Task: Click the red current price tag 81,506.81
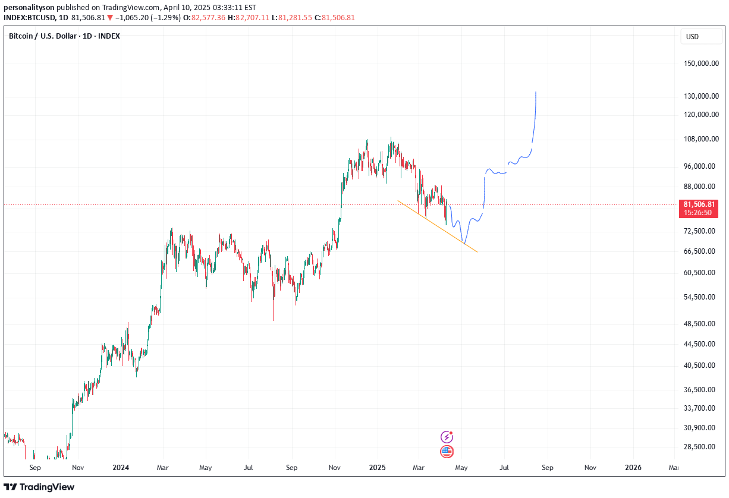pos(699,204)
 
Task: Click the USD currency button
pos(693,37)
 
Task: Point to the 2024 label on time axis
pos(121,468)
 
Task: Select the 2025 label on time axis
pos(377,468)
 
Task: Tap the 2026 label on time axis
pos(633,468)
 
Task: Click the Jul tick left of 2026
pos(505,468)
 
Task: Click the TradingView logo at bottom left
pos(39,487)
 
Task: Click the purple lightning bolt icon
pos(447,437)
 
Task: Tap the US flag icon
pos(447,452)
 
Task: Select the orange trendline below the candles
pos(437,226)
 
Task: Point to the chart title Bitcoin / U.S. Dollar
pos(43,36)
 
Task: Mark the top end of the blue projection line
pos(536,92)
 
